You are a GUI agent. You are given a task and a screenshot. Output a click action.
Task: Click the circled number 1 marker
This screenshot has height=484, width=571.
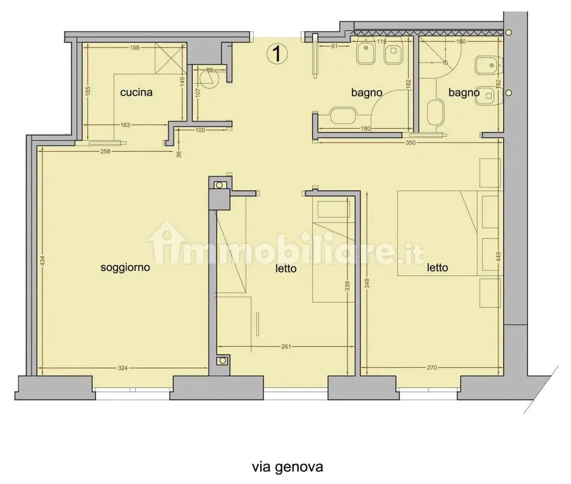click(277, 54)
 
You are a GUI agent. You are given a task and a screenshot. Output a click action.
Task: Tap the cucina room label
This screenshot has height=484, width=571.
click(136, 92)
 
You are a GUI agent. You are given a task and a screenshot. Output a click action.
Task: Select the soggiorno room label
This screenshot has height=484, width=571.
click(125, 267)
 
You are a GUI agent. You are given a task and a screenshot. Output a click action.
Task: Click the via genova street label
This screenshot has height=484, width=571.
click(287, 466)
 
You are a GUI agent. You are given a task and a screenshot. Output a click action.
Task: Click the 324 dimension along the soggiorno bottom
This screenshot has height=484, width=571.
click(123, 368)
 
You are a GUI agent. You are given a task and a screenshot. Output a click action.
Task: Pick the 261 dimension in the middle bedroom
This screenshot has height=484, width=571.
click(286, 346)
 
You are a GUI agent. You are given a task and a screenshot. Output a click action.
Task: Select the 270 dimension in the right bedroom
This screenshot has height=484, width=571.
click(432, 368)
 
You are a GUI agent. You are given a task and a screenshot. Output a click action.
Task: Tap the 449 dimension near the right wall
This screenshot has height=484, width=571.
click(498, 257)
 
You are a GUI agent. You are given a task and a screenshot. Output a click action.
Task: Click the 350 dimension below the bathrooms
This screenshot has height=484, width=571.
click(410, 142)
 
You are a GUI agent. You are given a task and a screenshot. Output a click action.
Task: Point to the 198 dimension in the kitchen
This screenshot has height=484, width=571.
click(134, 47)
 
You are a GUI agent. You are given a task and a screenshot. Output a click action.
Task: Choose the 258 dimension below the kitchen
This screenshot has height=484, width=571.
click(106, 151)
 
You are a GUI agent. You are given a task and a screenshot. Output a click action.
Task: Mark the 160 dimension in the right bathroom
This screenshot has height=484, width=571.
click(460, 41)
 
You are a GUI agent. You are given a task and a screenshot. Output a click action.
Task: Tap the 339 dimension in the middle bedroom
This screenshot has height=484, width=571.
click(347, 286)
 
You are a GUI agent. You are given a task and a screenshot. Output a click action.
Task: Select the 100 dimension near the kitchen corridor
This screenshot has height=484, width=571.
click(200, 130)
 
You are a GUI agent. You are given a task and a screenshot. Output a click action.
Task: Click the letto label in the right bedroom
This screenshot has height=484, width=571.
click(437, 267)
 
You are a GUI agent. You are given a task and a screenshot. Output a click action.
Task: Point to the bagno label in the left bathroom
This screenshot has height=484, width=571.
click(366, 93)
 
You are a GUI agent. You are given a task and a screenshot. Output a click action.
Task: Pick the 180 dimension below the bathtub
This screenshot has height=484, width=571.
click(365, 129)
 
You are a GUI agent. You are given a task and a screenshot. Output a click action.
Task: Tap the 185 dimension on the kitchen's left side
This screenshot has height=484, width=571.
click(88, 91)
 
